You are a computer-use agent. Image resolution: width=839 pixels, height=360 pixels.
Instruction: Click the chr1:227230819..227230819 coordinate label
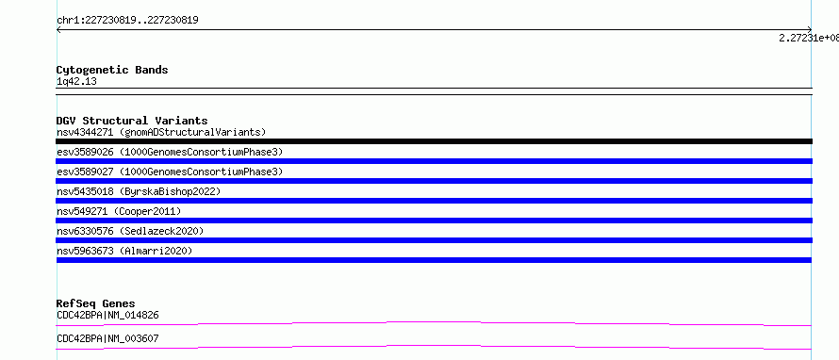click(128, 21)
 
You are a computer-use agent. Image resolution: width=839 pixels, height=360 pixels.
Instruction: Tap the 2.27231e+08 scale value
click(809, 38)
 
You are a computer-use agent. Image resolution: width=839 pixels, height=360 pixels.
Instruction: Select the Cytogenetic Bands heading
click(112, 70)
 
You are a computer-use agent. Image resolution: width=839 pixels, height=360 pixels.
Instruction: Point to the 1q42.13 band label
click(76, 82)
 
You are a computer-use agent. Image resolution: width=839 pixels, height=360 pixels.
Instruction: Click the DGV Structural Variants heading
click(132, 121)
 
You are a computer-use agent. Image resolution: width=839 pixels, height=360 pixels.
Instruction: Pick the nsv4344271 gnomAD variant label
click(161, 132)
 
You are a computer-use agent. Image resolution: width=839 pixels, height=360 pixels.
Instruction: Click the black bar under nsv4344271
click(434, 141)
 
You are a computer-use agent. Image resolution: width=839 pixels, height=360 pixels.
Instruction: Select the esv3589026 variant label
click(170, 152)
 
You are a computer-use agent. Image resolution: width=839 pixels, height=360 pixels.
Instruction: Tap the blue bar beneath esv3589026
click(434, 161)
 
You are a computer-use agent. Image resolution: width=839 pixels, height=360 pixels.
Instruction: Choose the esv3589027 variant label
click(170, 172)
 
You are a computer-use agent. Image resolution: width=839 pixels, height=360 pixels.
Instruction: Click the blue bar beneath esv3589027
click(434, 181)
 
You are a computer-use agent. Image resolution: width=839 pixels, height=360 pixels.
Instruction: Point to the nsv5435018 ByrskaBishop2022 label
click(139, 191)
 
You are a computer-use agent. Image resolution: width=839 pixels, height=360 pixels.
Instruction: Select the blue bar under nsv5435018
click(434, 201)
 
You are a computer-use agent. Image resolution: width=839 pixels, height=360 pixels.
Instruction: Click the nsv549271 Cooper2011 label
click(119, 211)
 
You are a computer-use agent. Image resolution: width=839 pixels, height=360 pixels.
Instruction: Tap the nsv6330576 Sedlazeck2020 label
click(130, 231)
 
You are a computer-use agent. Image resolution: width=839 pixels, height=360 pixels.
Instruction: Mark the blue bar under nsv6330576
click(434, 240)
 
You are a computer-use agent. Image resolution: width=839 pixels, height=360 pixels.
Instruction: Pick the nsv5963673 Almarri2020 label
click(124, 251)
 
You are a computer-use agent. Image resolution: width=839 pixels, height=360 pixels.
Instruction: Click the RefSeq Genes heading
click(96, 303)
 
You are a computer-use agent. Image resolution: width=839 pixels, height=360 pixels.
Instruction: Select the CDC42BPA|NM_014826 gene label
click(107, 315)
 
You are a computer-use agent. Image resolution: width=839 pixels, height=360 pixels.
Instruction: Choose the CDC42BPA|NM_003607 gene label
click(107, 338)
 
